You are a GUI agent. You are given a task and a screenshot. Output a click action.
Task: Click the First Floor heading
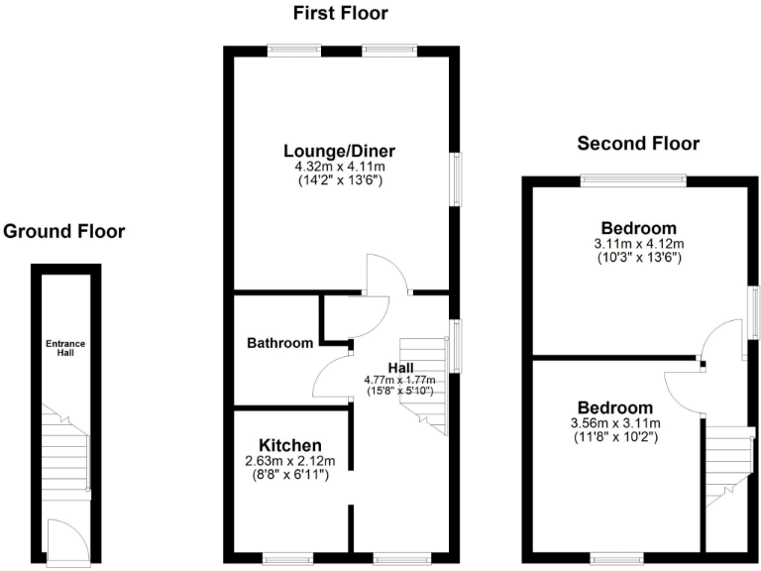coord(340,13)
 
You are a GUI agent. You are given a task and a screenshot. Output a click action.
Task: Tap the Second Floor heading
coord(638,144)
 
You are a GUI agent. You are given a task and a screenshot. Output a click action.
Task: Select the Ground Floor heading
coord(64,232)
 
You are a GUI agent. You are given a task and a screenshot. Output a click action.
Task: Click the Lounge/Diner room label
coord(340,152)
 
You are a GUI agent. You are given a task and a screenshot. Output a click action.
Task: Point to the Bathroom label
coord(280,343)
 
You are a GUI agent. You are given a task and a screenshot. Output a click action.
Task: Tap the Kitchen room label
coord(290,444)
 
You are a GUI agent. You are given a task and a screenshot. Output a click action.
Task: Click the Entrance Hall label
coord(65,348)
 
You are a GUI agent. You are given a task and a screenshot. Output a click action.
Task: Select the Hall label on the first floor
coord(400,368)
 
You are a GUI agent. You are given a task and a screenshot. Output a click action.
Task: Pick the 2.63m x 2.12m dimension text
coord(290,461)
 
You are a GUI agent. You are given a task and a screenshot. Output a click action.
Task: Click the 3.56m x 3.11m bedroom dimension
coord(615,423)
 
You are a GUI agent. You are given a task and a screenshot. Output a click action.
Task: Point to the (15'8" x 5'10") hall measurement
coord(401,391)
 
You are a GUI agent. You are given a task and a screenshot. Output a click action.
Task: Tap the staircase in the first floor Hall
coord(423,382)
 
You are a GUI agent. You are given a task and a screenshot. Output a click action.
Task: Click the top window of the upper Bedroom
coord(634,179)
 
